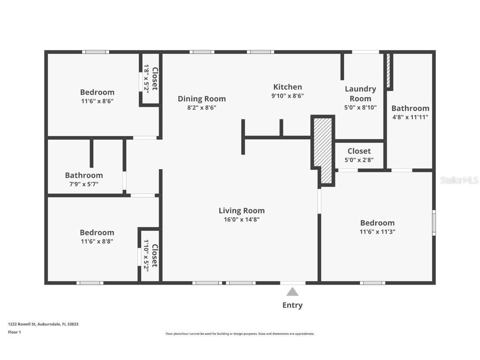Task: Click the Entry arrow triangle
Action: [292, 292]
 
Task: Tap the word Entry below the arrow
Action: [292, 305]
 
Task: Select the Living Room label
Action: [242, 210]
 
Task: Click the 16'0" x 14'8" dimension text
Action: [242, 220]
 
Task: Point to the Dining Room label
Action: [202, 99]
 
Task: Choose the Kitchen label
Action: [287, 87]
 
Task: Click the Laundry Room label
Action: [360, 93]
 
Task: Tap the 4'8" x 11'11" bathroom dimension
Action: [410, 117]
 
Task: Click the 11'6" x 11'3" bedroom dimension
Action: [377, 232]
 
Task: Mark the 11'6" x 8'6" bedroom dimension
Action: [97, 101]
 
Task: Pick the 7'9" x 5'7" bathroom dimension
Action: [84, 184]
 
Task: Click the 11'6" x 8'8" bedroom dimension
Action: [97, 241]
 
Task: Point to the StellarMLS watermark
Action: [459, 180]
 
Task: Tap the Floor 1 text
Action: [14, 332]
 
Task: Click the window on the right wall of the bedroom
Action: [434, 222]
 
